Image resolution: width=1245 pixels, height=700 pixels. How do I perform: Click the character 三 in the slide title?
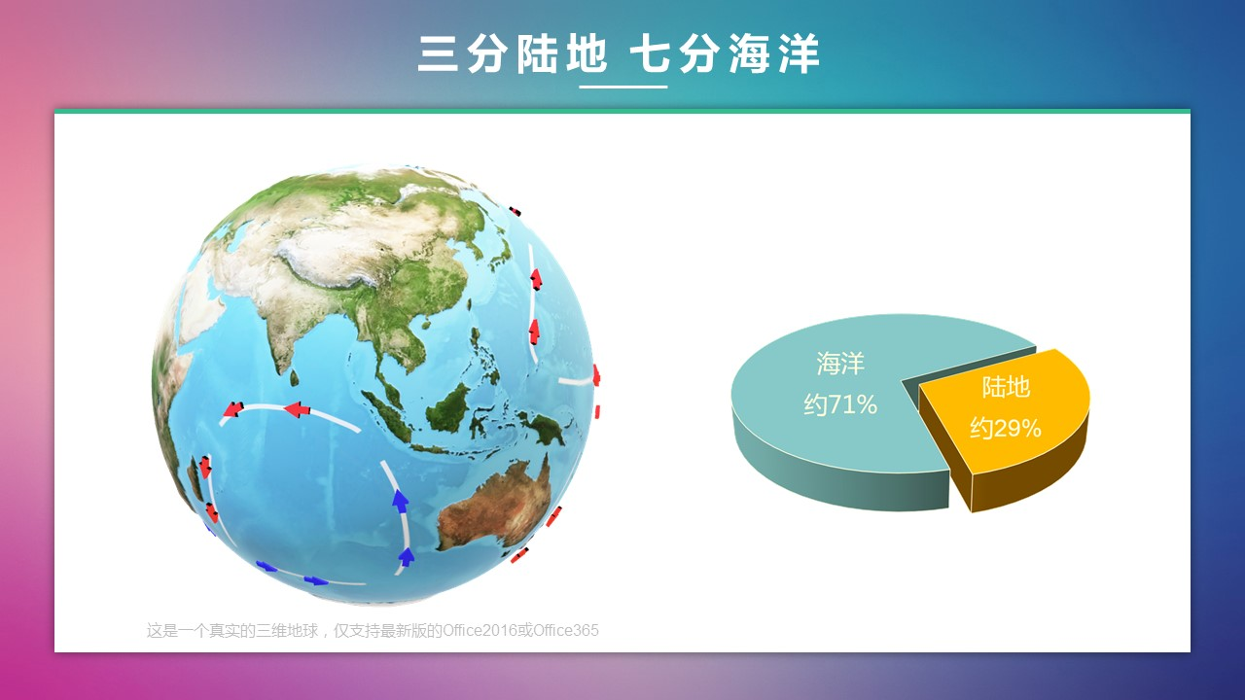(438, 53)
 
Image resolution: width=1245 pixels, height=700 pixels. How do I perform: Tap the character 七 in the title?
(652, 53)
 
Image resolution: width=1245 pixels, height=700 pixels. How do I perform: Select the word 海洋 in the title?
(773, 53)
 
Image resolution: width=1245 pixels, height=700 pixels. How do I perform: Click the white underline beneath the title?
(623, 87)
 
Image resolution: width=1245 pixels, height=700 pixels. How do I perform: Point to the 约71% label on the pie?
(840, 404)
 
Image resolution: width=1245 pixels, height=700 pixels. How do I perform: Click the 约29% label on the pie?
(1006, 429)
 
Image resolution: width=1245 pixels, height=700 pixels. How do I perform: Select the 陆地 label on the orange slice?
(1006, 387)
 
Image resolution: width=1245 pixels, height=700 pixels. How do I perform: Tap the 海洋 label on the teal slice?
(840, 364)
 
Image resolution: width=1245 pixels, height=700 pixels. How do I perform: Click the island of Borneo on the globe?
(448, 408)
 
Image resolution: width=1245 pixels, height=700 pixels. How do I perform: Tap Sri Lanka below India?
(294, 378)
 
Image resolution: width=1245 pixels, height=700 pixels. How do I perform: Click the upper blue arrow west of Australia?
(400, 499)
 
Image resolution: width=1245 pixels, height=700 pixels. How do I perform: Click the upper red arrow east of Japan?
(536, 279)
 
